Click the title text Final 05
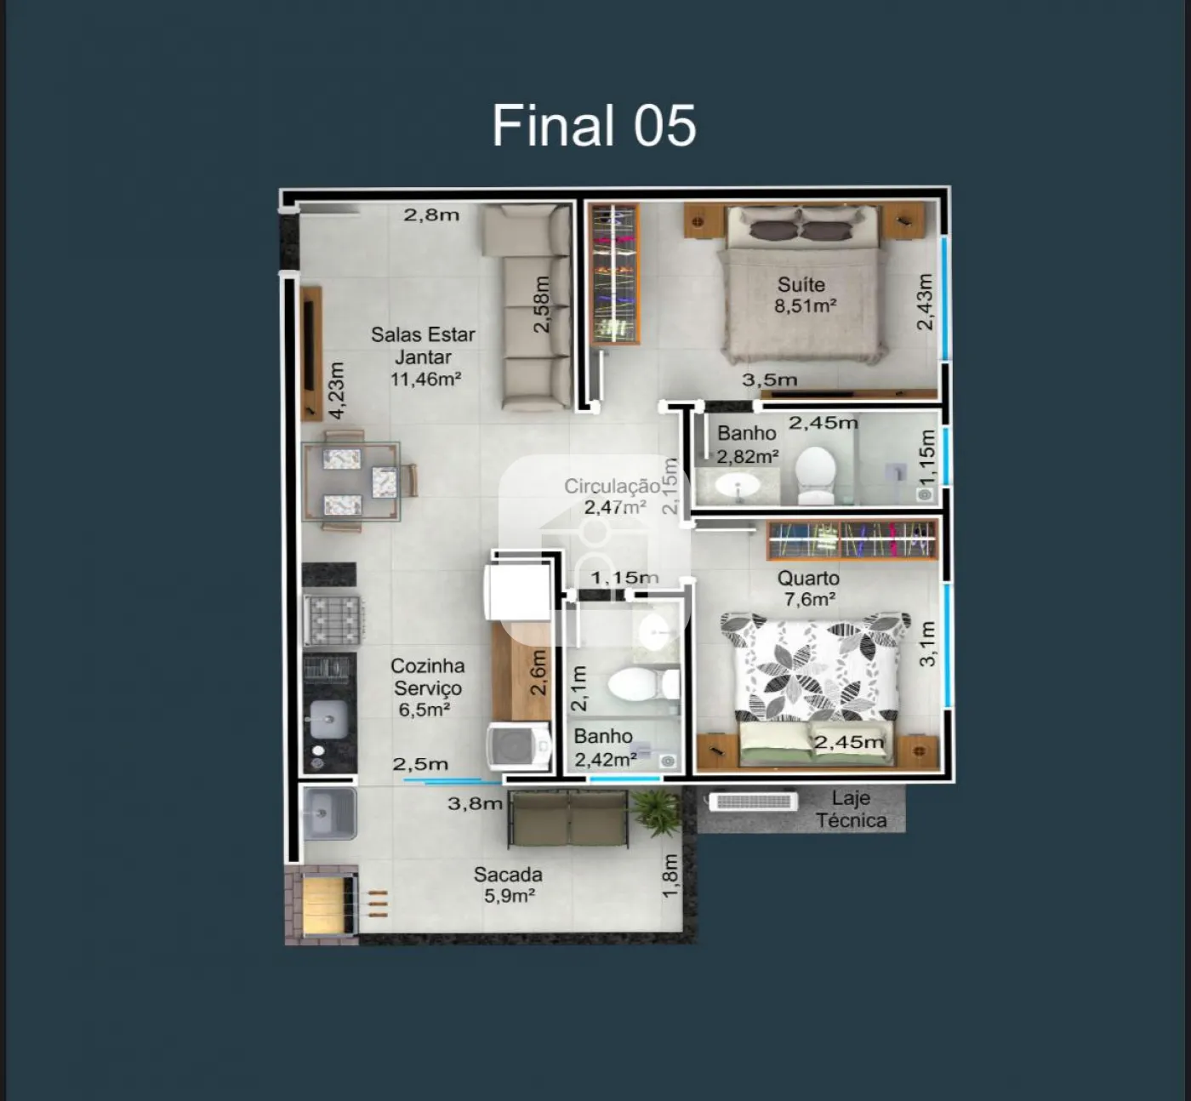[x=594, y=125]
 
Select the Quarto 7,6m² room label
[x=809, y=589]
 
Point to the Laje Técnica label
[x=851, y=809]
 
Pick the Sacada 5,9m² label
[x=509, y=885]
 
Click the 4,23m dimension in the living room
[x=336, y=391]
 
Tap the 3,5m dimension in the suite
[x=769, y=379]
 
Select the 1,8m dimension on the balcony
[x=670, y=876]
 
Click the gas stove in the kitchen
[x=333, y=619]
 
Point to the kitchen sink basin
[x=328, y=719]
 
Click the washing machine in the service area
[x=518, y=746]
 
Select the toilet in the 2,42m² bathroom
[x=643, y=684]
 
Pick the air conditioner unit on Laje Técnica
[x=754, y=802]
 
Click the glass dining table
[x=350, y=482]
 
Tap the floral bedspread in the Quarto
[x=816, y=667]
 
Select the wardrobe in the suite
[x=615, y=274]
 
